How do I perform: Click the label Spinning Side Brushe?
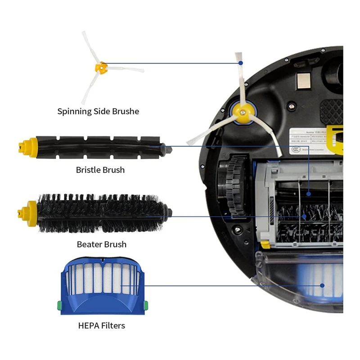pos(98,111)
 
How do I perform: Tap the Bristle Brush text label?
pos(100,170)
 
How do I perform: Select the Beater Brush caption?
pos(101,244)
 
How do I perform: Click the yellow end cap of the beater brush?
pos(27,210)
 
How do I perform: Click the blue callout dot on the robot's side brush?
pos(241,63)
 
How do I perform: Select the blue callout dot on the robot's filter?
pos(322,285)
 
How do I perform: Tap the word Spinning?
pos(74,111)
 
